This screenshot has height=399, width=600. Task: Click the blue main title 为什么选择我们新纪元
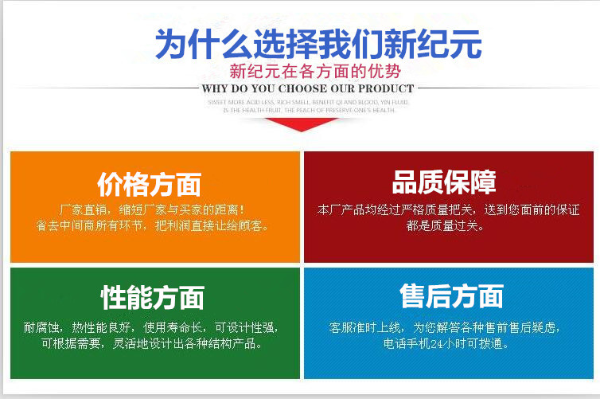pos(318,43)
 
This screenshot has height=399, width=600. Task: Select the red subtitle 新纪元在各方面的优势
pos(310,70)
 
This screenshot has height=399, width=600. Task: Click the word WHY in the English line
pos(216,88)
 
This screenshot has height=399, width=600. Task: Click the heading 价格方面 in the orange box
pos(149,185)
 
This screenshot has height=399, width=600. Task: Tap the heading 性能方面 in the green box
pos(152,298)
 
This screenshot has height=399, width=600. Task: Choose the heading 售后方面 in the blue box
pos(451,296)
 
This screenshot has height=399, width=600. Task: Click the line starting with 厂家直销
pos(153,210)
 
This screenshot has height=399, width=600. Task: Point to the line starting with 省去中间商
pos(153,225)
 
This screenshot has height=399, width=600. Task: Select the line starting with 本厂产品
pos(448,210)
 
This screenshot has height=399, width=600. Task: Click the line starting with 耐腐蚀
pos(151,327)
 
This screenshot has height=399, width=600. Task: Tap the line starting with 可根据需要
pos(151,345)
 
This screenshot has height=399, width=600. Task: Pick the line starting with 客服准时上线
pos(448,327)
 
